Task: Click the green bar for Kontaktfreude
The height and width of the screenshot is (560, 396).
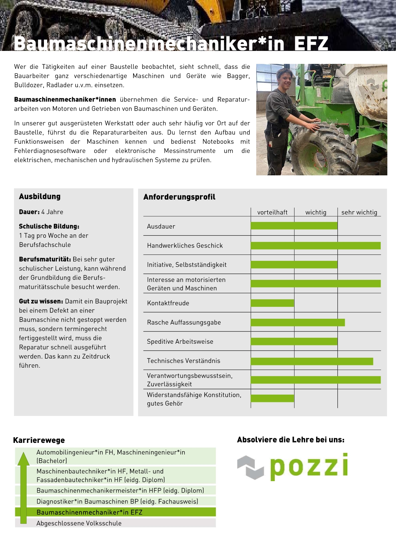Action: coord(272,303)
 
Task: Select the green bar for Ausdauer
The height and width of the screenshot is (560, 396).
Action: coord(294,226)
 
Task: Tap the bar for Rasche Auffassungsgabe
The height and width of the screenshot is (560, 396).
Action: coord(297,322)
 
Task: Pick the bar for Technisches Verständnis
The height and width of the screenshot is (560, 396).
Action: coord(312,361)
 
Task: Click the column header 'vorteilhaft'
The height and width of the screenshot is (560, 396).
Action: coord(272,212)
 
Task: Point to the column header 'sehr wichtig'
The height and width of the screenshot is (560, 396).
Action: coord(359,212)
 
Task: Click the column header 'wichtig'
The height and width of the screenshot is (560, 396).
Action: coord(316,212)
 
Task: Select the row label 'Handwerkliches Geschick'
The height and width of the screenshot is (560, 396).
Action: coord(185,246)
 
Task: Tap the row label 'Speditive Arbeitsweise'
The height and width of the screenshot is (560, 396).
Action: coord(180,342)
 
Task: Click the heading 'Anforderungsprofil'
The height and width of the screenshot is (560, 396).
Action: coord(179,197)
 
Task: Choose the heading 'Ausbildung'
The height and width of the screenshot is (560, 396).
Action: coord(40,196)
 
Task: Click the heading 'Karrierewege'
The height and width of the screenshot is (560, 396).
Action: coord(39,440)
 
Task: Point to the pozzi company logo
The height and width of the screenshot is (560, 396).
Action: coord(293,467)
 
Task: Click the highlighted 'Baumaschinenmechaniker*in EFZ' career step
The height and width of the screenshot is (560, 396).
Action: coord(89,512)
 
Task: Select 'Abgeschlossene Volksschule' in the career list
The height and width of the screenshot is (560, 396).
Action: coord(79,523)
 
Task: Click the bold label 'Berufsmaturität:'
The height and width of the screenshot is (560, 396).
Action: coord(45,259)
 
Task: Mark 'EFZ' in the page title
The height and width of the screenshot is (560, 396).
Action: coord(311,44)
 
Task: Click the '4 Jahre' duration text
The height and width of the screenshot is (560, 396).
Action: coord(52,212)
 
